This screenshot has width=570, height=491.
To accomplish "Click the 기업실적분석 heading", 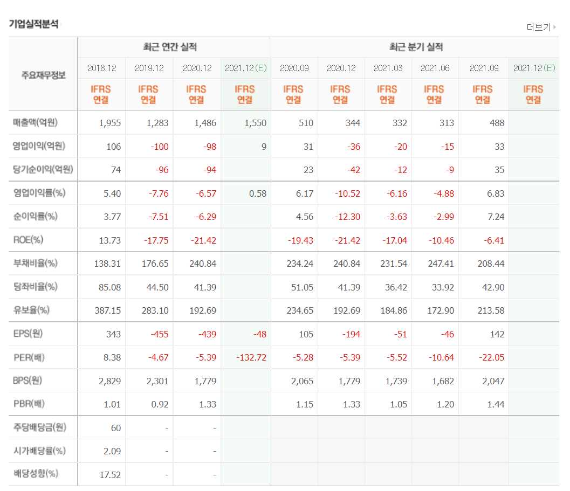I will pos(33,24).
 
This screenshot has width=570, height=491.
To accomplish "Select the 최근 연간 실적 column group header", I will pos(174,47).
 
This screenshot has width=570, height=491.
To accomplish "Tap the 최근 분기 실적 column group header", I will pos(415,47).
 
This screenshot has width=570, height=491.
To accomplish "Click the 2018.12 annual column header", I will pos(101,68).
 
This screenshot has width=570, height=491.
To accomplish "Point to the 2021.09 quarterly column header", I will pos(482,68).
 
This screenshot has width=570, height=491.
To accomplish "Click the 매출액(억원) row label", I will pos(35,123).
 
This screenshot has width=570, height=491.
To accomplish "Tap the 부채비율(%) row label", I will pos(35,264).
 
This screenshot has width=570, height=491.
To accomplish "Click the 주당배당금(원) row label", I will pos(39,427).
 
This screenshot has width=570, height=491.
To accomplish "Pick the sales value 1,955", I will pos(110,123).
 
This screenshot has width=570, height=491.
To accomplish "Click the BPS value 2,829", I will pos(110,381).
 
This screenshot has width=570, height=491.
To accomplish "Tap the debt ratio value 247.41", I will pos(440,264).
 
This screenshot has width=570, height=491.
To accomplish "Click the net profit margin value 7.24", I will pos(495,217).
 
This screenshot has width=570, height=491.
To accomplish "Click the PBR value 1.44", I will pos(495,404).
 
